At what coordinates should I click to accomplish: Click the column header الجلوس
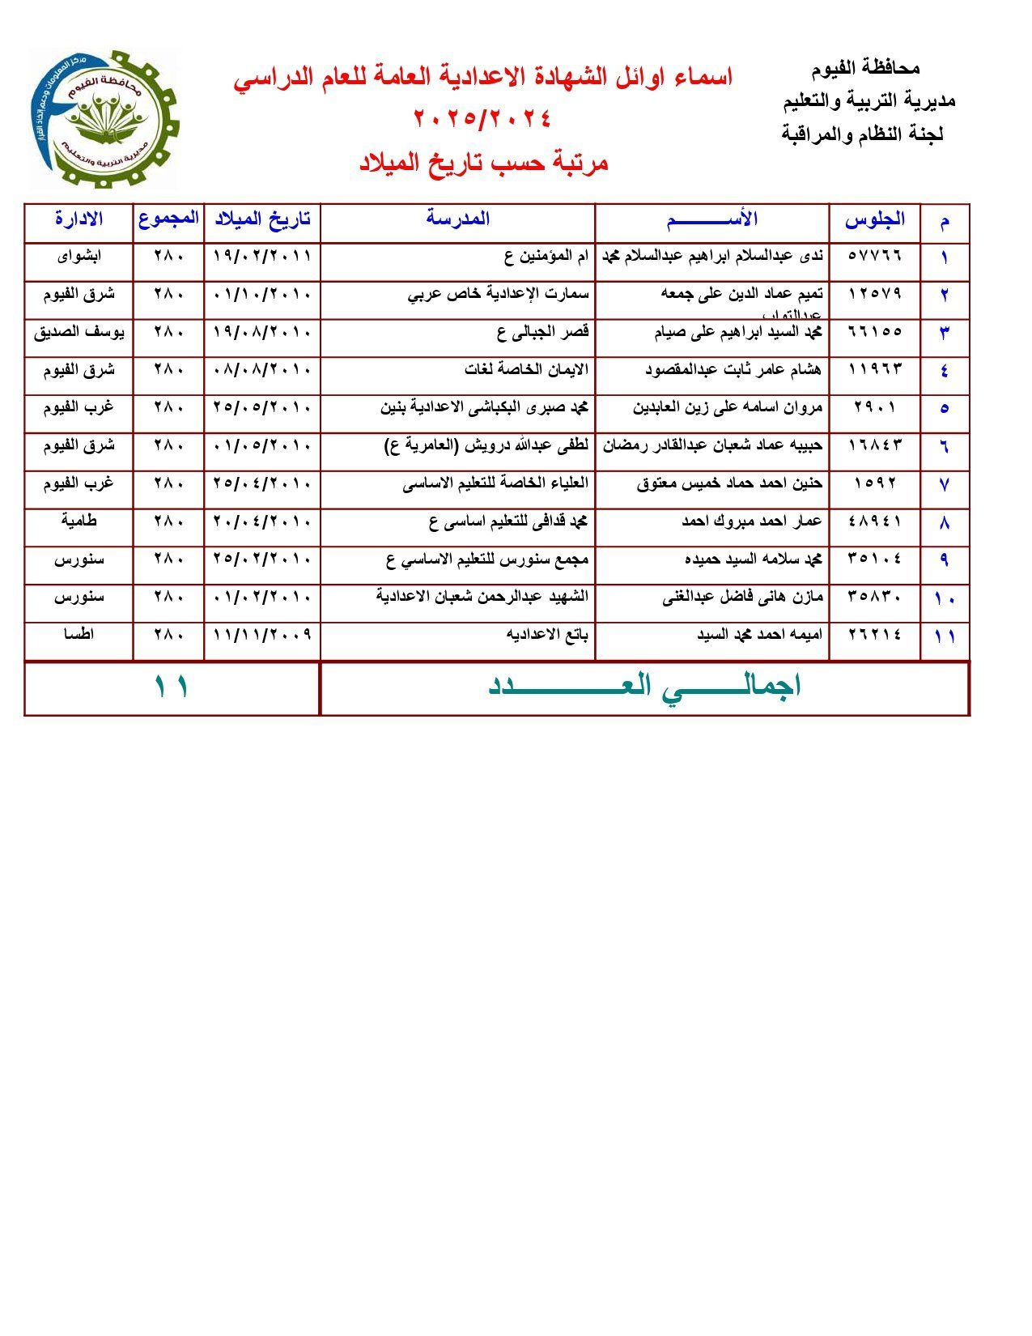click(874, 219)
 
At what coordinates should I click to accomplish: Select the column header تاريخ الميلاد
click(262, 219)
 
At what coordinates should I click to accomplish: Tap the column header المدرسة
click(458, 219)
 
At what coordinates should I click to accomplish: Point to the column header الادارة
click(79, 219)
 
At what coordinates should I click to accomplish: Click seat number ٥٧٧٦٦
click(874, 255)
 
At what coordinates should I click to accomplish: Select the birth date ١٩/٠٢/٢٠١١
click(262, 256)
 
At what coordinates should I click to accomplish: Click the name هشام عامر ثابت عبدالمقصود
click(733, 370)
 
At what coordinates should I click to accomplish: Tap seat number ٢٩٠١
click(874, 407)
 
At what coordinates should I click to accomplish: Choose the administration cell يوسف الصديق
click(79, 332)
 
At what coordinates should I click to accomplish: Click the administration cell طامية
click(79, 521)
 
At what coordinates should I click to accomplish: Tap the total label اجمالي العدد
click(644, 687)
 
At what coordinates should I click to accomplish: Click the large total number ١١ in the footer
click(172, 687)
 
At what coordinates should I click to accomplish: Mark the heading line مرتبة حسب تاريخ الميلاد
click(483, 163)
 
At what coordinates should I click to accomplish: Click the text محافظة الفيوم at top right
click(864, 69)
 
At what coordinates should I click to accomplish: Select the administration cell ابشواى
click(79, 256)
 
